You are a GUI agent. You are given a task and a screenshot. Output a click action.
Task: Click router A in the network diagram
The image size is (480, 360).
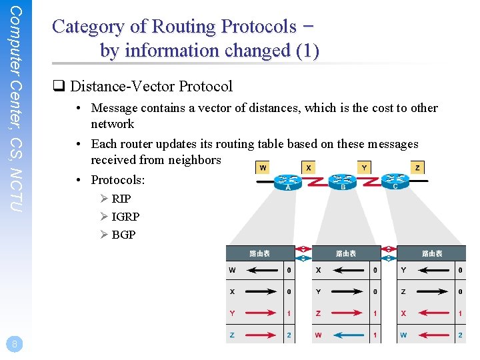288,181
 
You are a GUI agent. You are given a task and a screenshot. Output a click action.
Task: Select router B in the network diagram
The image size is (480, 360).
343,181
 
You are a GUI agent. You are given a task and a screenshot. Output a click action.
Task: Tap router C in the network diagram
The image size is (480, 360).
395,181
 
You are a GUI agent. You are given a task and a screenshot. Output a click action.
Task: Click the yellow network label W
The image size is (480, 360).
263,167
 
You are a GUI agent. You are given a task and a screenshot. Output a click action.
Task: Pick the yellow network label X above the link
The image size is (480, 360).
309,167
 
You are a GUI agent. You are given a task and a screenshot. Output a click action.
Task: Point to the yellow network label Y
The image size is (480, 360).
364,167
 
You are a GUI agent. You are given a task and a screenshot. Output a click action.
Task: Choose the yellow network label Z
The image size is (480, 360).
417,167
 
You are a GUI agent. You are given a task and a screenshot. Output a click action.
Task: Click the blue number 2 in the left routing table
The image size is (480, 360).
289,335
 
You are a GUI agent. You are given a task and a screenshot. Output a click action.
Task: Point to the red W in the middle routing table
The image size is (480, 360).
318,335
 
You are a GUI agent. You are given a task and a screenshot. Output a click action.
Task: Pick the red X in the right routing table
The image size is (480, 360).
403,313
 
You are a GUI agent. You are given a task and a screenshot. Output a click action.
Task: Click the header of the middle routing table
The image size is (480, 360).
345,253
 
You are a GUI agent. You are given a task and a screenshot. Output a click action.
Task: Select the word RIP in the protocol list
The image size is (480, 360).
121,199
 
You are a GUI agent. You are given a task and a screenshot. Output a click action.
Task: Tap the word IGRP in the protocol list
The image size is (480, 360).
125,217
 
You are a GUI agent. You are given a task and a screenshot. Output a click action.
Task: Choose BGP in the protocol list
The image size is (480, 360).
123,235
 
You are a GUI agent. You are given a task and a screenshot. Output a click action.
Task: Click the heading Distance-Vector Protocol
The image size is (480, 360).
151,87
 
